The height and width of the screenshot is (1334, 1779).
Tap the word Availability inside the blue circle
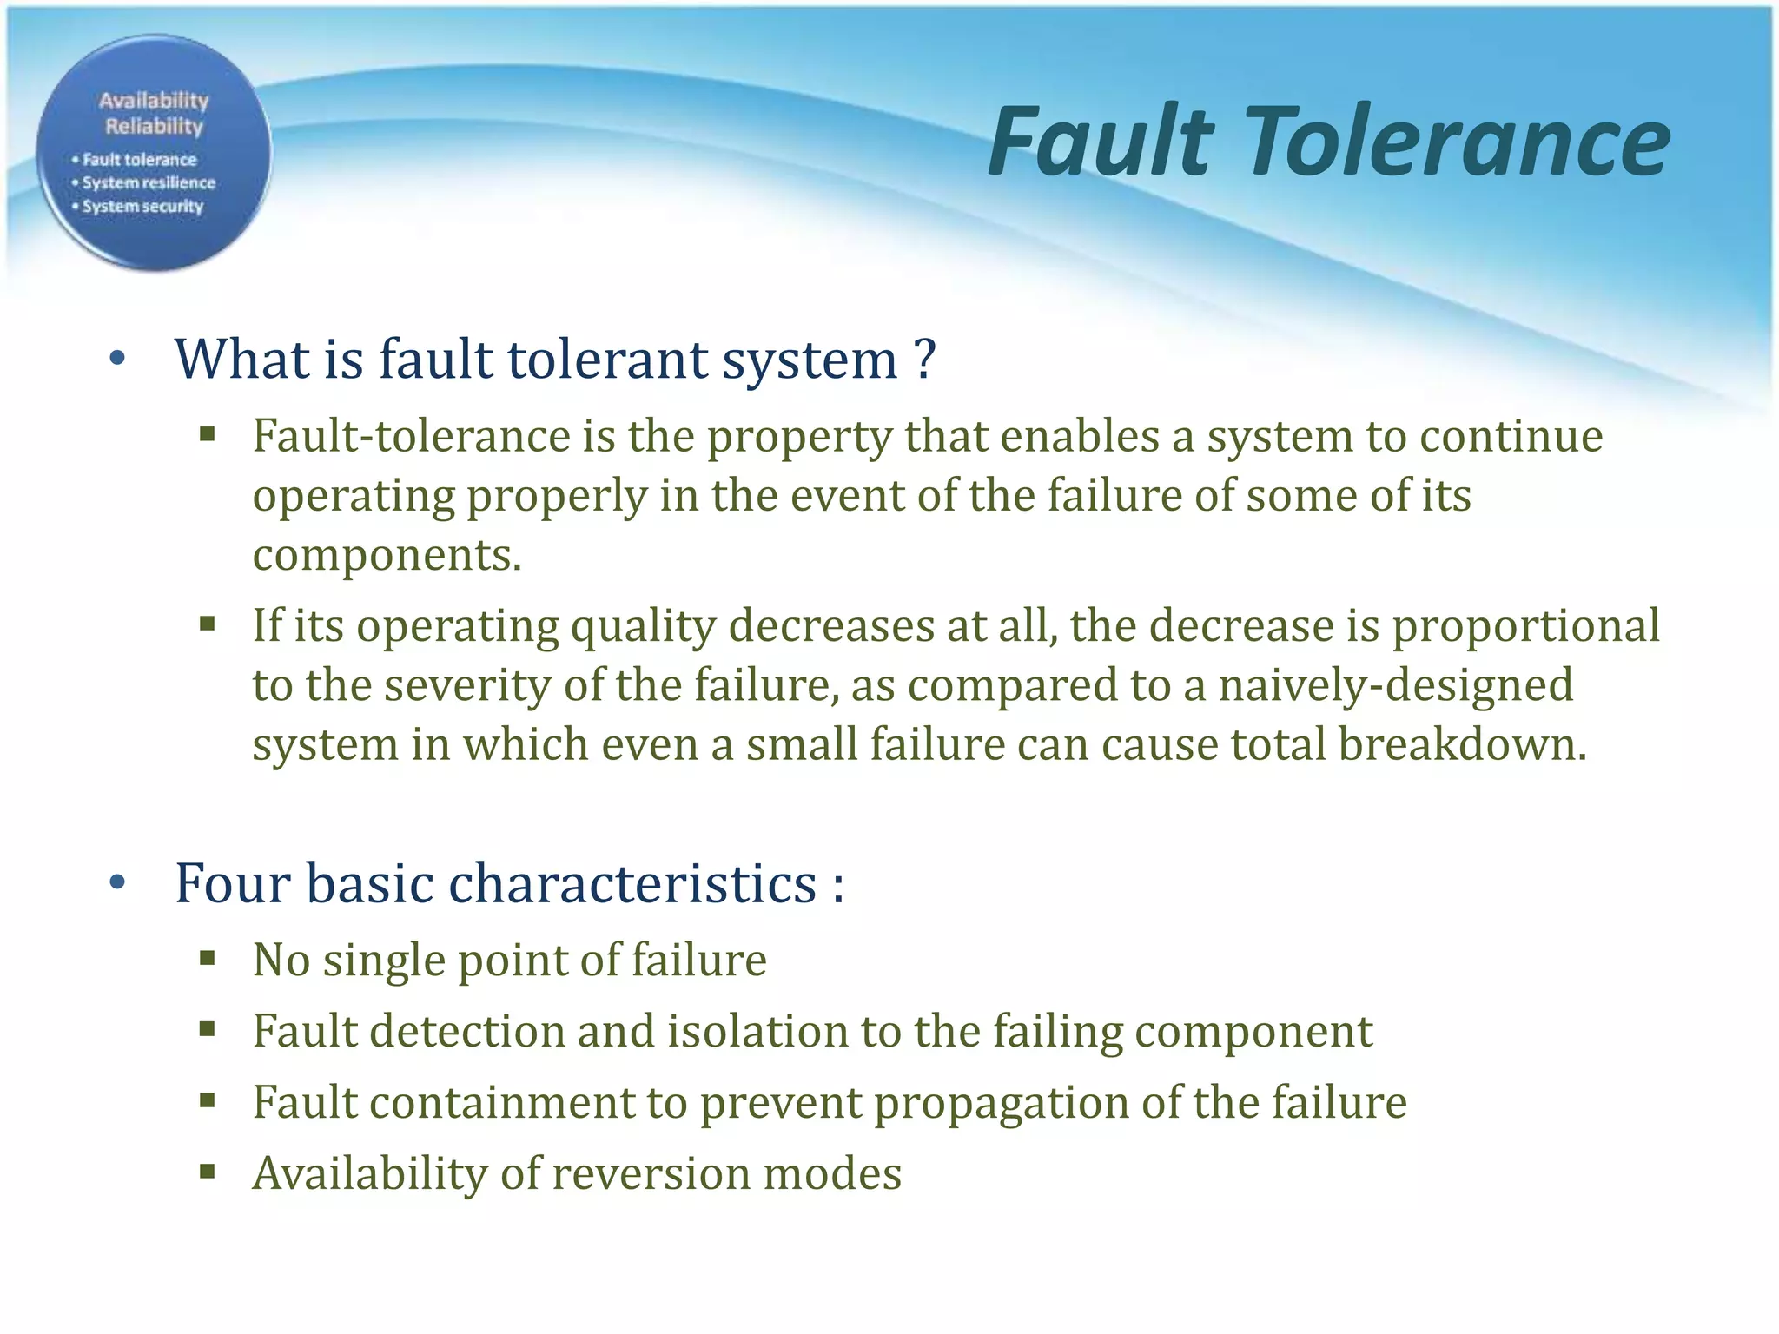pos(154,101)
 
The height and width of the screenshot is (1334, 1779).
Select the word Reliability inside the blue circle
pos(154,127)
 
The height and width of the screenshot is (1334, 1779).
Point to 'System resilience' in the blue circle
pos(149,183)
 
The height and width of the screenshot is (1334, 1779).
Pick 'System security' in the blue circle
pos(142,207)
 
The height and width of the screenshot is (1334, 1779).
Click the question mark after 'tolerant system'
pos(925,359)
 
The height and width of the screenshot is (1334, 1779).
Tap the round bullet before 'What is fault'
pos(118,358)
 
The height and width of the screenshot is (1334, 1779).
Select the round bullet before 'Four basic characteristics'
pos(118,883)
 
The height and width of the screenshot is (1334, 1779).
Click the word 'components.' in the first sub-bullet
pos(387,555)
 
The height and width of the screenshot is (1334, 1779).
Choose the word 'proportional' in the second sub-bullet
pos(1526,626)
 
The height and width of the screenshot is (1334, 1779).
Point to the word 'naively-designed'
pos(1396,685)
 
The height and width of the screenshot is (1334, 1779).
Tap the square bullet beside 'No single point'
pos(207,959)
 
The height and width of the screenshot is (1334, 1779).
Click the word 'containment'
pos(503,1102)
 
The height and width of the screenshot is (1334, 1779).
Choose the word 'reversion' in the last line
pos(651,1173)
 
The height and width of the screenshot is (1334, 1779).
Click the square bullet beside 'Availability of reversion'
pos(207,1172)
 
